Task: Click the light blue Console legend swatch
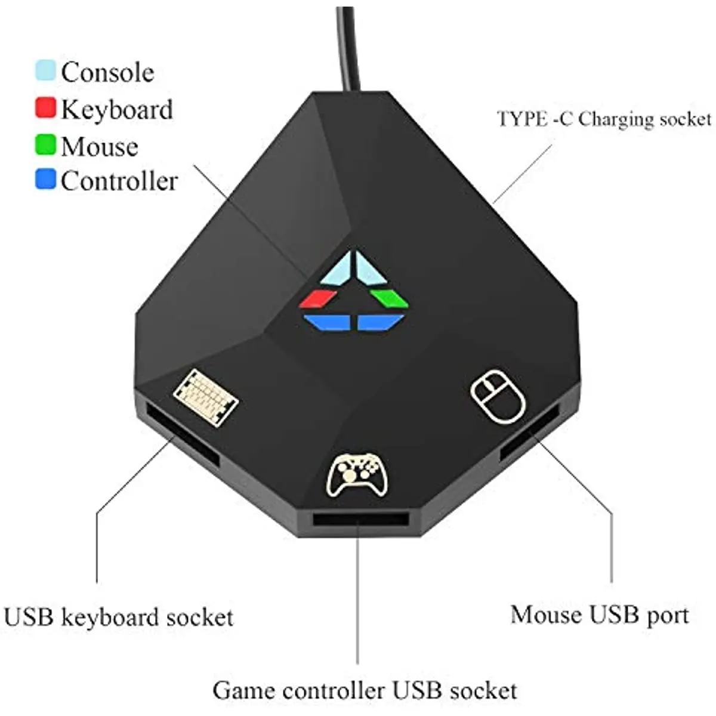[x=46, y=70]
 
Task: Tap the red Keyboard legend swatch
[x=46, y=108]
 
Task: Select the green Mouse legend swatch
[x=46, y=145]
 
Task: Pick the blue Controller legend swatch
[x=46, y=180]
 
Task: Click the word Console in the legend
[x=107, y=72]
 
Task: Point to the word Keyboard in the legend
[x=117, y=110]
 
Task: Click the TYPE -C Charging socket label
[x=604, y=119]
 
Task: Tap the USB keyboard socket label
[x=118, y=617]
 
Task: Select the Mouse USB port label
[x=600, y=615]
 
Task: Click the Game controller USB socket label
[x=365, y=690]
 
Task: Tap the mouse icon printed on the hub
[x=498, y=397]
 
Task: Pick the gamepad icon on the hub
[x=357, y=474]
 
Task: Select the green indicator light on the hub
[x=389, y=298]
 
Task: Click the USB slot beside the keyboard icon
[x=181, y=433]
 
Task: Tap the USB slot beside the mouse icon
[x=529, y=431]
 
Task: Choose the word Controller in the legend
[x=119, y=181]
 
